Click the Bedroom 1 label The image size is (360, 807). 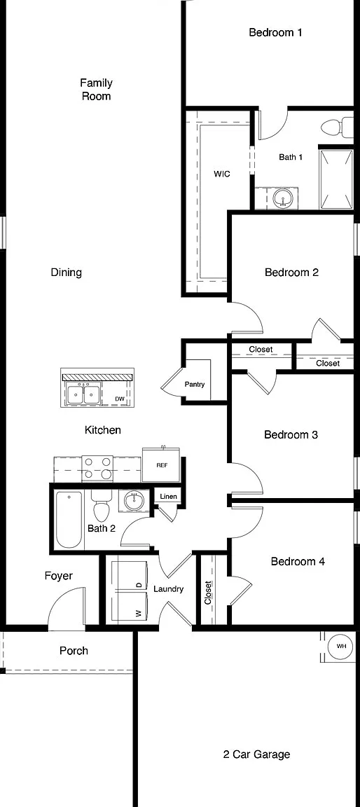pyautogui.click(x=275, y=32)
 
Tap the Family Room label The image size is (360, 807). pyautogui.click(x=96, y=89)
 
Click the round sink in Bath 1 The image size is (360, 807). pyautogui.click(x=283, y=198)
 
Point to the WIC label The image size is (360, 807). pyautogui.click(x=221, y=174)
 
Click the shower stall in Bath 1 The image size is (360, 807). pyautogui.click(x=335, y=179)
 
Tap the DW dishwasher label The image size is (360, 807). pyautogui.click(x=119, y=399)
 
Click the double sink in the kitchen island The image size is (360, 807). pyautogui.click(x=83, y=395)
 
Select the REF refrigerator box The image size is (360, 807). pyautogui.click(x=161, y=464)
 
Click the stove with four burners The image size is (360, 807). pyautogui.click(x=97, y=468)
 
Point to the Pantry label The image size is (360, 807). pyautogui.click(x=195, y=384)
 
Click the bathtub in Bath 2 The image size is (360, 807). pyautogui.click(x=69, y=520)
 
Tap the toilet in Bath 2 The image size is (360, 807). pyautogui.click(x=102, y=505)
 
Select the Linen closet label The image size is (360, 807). pyautogui.click(x=168, y=497)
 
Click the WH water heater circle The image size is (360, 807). pyautogui.click(x=341, y=646)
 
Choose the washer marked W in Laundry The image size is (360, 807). pyautogui.click(x=130, y=608)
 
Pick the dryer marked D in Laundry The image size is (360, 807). pyautogui.click(x=130, y=577)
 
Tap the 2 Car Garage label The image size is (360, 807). pyautogui.click(x=256, y=754)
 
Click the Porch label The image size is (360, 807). pyautogui.click(x=74, y=651)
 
